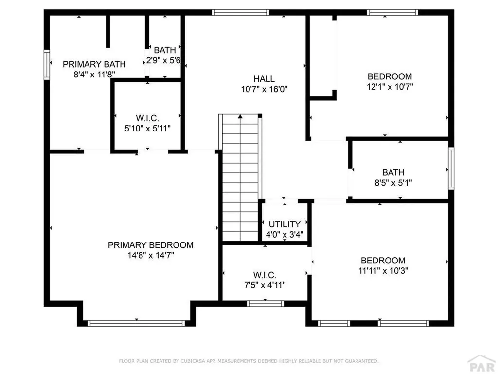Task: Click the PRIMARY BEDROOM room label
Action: (x=150, y=245)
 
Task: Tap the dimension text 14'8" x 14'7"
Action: (x=150, y=255)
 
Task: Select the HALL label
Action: (x=264, y=79)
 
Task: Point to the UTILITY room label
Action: (x=285, y=224)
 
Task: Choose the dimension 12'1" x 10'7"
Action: (x=390, y=87)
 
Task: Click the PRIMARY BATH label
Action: (x=94, y=64)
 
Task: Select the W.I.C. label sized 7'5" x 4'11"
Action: (x=265, y=275)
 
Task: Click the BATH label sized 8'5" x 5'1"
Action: (x=393, y=172)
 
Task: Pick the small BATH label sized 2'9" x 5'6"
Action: (x=165, y=50)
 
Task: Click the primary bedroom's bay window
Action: (x=136, y=323)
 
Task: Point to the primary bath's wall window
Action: (x=47, y=64)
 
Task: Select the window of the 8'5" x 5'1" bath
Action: (x=451, y=168)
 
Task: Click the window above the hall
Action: (x=241, y=12)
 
